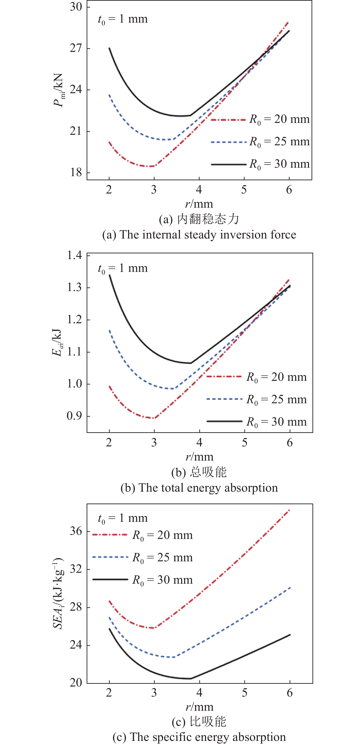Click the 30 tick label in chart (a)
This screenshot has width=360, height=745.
coord(76,7)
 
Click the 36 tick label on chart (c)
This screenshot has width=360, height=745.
coord(76,531)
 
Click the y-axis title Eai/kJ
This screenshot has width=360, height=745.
coord(57,343)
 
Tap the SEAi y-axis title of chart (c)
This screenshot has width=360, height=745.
coord(58,593)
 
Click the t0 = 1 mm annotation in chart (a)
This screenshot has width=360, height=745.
coord(123,19)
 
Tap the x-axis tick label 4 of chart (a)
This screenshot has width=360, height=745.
coord(199,190)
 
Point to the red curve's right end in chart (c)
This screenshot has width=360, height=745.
coord(289,510)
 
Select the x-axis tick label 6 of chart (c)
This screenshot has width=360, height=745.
coord(289,693)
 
